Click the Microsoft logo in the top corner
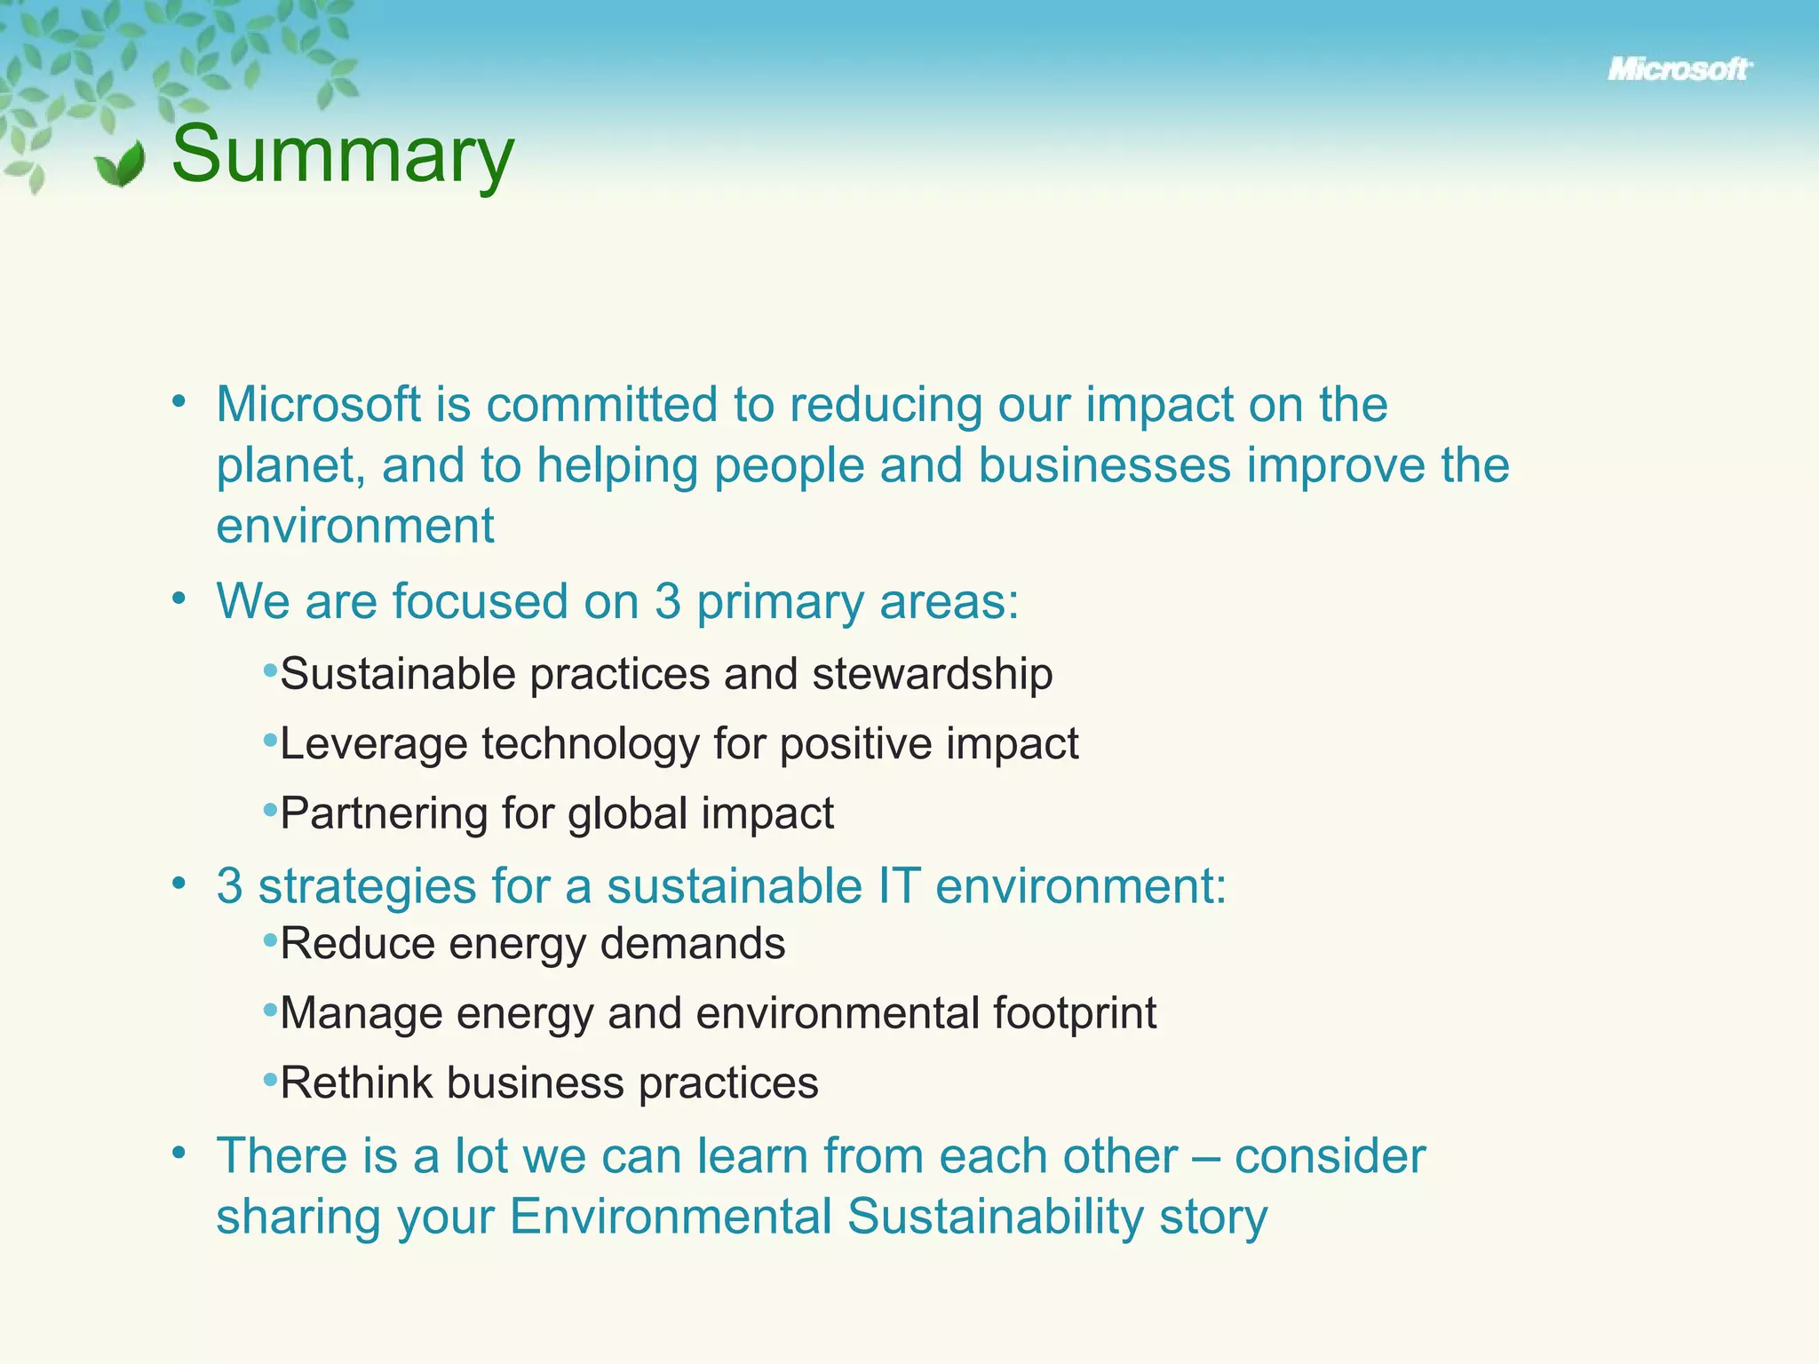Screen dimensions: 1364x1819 [1679, 69]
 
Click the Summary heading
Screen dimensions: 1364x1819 [342, 155]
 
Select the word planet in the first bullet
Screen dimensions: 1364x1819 [290, 467]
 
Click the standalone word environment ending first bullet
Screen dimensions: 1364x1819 [354, 526]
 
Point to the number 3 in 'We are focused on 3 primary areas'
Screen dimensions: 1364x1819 [667, 601]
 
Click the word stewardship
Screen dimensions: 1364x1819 [932, 674]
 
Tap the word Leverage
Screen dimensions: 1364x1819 [373, 744]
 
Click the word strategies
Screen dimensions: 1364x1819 [367, 887]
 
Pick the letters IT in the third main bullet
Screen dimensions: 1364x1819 [898, 886]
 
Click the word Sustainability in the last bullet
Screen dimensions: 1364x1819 [995, 1217]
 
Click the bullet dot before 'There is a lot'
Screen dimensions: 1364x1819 [179, 1153]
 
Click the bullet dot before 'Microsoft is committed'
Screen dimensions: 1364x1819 [179, 401]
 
